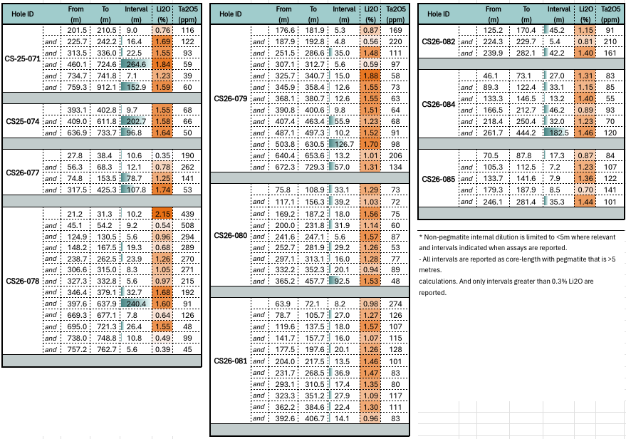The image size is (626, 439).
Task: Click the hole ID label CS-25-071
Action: [23, 58]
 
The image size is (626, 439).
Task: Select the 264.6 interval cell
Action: [136, 64]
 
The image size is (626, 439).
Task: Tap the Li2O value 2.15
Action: [162, 214]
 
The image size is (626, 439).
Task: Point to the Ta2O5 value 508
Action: [187, 225]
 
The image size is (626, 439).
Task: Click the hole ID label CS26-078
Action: [23, 281]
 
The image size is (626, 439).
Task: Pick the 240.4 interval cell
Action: [136, 304]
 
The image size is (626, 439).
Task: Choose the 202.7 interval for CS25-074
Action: [136, 121]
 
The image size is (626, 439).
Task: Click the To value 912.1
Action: [106, 87]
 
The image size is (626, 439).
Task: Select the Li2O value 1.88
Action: [370, 76]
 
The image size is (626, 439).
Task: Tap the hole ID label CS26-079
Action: [231, 98]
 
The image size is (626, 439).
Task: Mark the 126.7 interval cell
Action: [344, 144]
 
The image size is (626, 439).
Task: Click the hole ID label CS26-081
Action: [231, 361]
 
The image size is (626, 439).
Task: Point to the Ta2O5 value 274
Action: [395, 304]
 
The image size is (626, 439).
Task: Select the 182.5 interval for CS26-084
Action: [559, 133]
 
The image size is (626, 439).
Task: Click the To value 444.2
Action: [526, 133]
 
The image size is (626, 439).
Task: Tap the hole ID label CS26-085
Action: [439, 179]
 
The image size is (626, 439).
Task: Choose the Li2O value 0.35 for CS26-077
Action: [162, 156]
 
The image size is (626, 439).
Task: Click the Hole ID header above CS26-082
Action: [439, 14]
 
